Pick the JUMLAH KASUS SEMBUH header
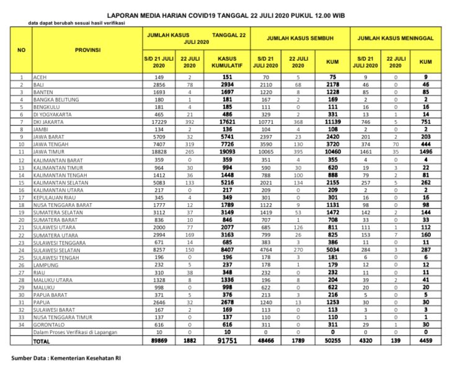coord(301,38)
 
